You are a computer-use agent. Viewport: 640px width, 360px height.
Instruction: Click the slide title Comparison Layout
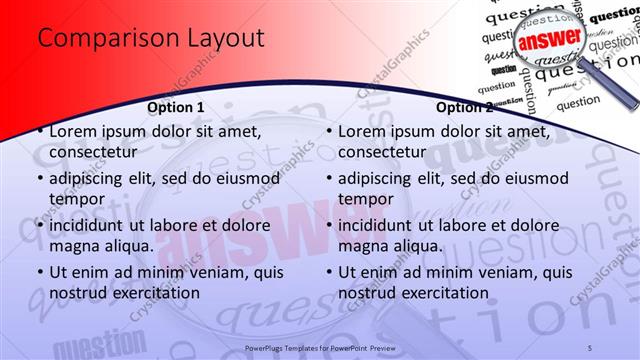pos(150,38)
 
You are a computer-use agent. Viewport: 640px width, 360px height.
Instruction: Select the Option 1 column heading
pos(176,107)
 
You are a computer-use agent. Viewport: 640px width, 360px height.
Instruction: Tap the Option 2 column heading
pos(465,107)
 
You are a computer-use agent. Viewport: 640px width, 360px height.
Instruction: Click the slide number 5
pos(590,347)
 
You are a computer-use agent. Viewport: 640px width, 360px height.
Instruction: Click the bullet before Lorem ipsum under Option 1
pos(40,131)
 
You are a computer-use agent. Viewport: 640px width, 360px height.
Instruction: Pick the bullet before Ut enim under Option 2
pos(329,272)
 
